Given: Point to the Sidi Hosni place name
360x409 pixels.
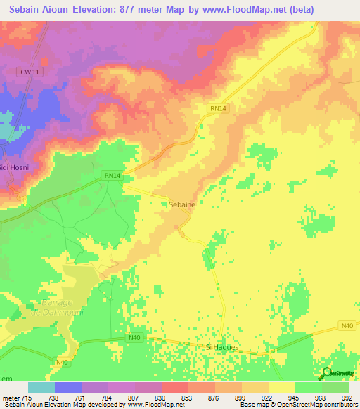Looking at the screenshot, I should (x=14, y=169).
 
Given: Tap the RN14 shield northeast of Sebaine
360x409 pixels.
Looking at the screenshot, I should (x=218, y=108).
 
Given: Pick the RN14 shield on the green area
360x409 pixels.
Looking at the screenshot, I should (x=111, y=175).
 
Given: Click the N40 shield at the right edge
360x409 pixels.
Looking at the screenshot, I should (x=347, y=325).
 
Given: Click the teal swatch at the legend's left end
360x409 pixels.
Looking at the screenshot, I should (x=41, y=387).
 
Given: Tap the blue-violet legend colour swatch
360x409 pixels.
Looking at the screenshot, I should (x=67, y=387).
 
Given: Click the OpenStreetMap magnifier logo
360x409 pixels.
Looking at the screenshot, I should (x=328, y=373).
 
